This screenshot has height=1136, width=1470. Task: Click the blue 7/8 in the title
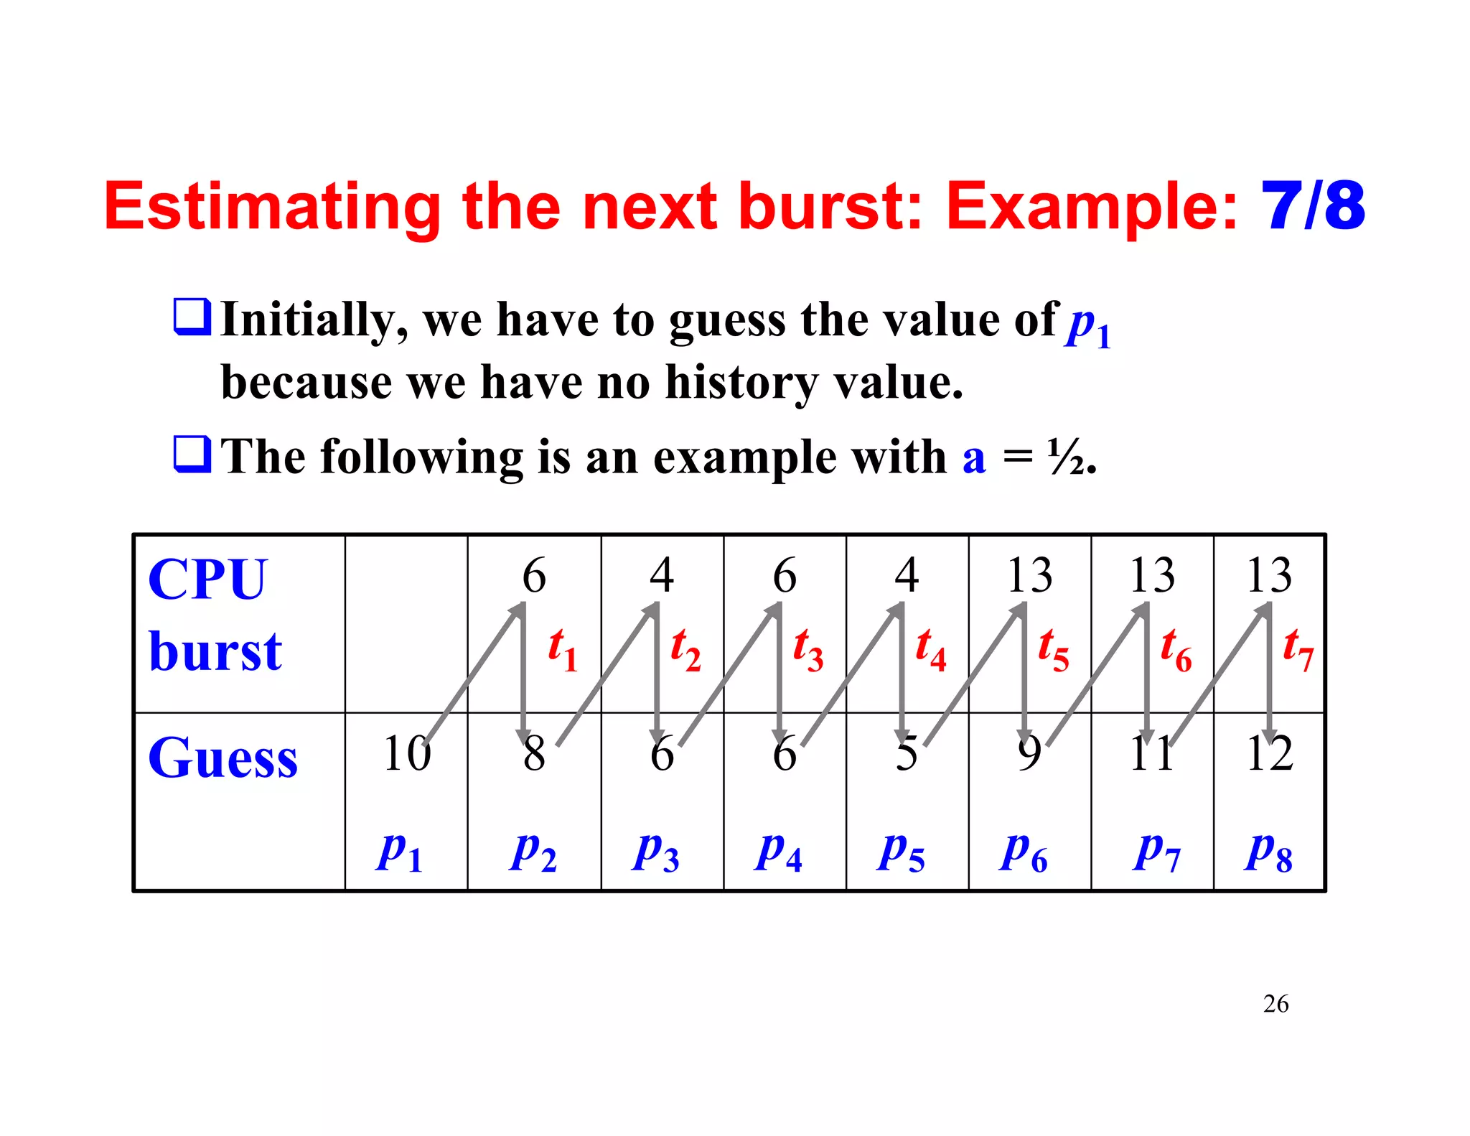click(1313, 207)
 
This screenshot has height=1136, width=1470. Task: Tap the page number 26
click(1275, 1003)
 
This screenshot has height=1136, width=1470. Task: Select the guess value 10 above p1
click(406, 754)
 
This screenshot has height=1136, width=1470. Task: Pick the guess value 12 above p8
click(1269, 754)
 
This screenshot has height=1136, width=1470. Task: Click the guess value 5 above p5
click(906, 754)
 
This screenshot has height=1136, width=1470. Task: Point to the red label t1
click(562, 648)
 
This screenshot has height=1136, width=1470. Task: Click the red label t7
click(1298, 648)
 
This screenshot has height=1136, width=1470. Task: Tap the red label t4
click(930, 648)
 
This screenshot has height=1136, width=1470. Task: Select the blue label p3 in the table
click(655, 852)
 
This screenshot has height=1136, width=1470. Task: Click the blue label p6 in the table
click(1023, 852)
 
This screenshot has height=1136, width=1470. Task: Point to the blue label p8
click(1268, 852)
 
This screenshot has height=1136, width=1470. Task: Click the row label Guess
click(223, 758)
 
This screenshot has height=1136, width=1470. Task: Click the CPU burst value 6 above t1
click(534, 576)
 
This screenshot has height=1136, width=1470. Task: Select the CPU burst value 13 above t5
click(1029, 576)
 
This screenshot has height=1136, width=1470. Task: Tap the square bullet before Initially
click(192, 317)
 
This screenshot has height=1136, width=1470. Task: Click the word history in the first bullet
click(741, 382)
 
